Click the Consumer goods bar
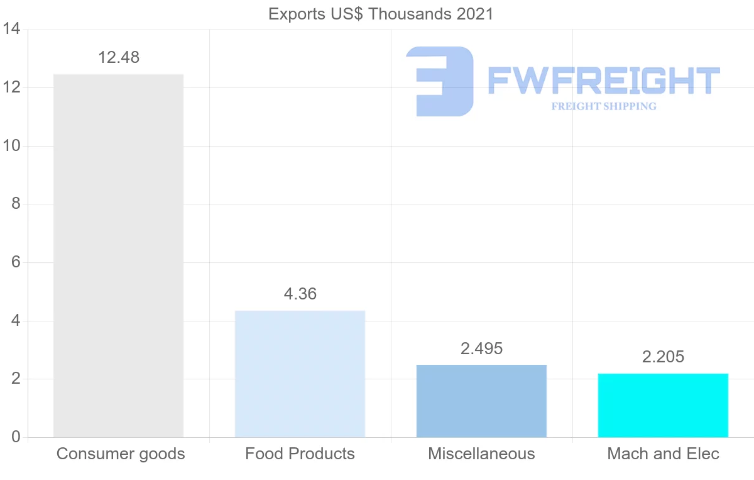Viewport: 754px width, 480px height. click(x=118, y=255)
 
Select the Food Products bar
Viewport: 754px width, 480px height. click(x=300, y=374)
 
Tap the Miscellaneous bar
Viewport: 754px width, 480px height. click(x=481, y=401)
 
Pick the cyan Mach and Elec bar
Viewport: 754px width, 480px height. click(x=663, y=405)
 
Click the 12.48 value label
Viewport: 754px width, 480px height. click(x=118, y=57)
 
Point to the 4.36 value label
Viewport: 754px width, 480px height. click(x=300, y=294)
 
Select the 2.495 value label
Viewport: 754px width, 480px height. click(x=481, y=349)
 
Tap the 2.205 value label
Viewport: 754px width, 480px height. click(x=663, y=357)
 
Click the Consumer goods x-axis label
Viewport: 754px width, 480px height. click(x=121, y=454)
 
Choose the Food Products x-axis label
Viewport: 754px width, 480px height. click(x=300, y=454)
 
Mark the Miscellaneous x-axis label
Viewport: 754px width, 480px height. click(x=481, y=454)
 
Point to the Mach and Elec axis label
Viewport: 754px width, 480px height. click(x=663, y=454)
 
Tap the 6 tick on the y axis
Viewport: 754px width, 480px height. click(x=16, y=262)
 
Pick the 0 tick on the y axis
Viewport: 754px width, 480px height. click(x=16, y=437)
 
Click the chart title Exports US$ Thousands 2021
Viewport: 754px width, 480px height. click(x=381, y=14)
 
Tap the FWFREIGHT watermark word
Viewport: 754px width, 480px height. click(x=603, y=81)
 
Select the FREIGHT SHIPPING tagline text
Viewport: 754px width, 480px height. click(x=603, y=106)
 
